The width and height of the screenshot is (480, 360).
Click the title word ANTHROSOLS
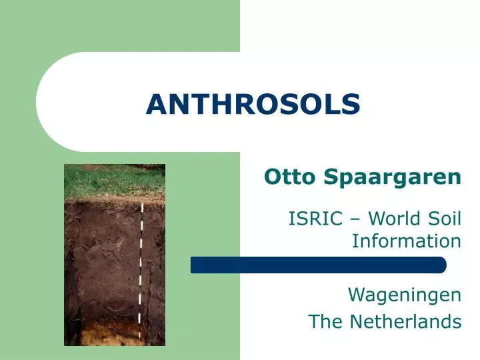click(x=253, y=103)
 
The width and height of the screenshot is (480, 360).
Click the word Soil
click(x=445, y=218)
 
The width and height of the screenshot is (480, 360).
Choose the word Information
click(x=406, y=240)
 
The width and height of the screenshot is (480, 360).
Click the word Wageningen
click(x=404, y=294)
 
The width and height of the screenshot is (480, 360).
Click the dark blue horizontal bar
click(x=313, y=265)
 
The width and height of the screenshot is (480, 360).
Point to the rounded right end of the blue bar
click(x=441, y=265)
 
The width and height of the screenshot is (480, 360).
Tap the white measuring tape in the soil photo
click(x=141, y=267)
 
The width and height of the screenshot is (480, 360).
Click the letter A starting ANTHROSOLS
click(x=155, y=103)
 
